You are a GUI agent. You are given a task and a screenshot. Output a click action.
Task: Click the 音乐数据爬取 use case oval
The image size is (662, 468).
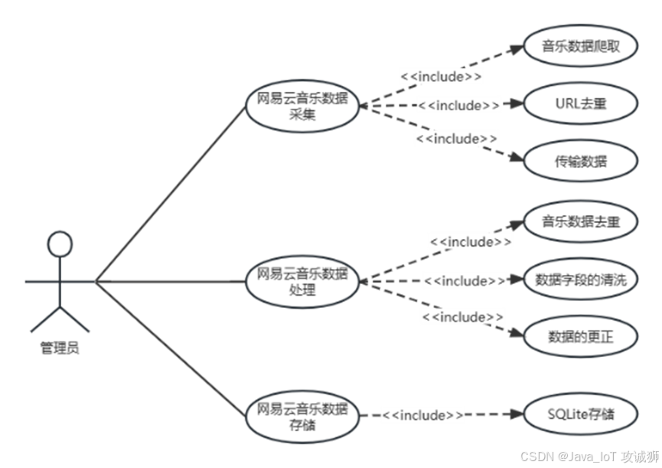[580, 46]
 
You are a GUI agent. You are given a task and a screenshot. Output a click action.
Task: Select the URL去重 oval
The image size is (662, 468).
[580, 103]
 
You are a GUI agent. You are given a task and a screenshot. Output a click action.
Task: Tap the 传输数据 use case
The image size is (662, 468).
[580, 161]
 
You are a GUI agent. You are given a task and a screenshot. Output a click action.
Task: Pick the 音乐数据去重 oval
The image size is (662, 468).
[580, 222]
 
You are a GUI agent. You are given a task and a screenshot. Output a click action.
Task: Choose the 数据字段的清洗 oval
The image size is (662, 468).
[580, 280]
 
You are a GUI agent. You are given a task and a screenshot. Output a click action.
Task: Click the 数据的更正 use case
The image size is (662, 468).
[580, 336]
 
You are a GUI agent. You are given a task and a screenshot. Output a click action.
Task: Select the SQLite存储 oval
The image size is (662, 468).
[580, 415]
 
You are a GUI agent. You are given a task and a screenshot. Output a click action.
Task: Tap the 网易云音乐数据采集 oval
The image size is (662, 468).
[302, 106]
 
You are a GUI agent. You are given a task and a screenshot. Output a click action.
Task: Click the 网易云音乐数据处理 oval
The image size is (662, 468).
[302, 281]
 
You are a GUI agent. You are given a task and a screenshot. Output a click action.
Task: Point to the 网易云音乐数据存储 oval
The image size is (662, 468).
[302, 415]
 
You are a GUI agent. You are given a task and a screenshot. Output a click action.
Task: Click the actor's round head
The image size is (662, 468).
[60, 244]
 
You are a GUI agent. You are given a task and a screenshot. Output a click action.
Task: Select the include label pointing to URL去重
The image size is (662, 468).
[458, 105]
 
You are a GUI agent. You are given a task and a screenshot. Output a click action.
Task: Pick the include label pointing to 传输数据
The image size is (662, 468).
[457, 139]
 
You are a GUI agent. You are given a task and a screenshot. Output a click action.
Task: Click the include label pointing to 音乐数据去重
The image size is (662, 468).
[471, 242]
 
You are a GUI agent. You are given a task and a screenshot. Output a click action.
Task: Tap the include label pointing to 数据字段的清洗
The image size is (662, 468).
[465, 281]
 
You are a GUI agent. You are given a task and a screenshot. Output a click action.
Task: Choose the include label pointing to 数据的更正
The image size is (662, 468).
[462, 316]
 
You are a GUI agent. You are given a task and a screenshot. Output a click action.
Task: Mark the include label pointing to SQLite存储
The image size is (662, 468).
[423, 415]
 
